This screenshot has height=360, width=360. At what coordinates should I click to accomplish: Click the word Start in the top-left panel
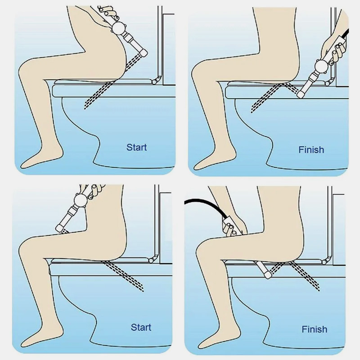(137, 148)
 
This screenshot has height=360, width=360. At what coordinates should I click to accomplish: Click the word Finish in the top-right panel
(311, 150)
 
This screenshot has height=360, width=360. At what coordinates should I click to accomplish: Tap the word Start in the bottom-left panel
(141, 328)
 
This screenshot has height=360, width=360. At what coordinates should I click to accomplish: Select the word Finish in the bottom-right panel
(315, 329)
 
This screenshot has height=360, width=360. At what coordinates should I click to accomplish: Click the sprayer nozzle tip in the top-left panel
(144, 53)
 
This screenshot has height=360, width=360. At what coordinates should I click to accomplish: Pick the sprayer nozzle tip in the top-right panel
(301, 94)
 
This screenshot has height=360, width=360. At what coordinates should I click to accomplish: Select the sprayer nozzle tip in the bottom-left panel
(59, 228)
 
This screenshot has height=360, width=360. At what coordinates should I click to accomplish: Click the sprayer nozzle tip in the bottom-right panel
(268, 274)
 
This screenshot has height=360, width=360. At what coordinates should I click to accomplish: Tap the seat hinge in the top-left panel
(155, 81)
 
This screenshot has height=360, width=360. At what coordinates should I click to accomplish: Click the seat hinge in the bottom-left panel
(152, 260)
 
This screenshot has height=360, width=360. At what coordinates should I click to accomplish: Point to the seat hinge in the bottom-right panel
(324, 261)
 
